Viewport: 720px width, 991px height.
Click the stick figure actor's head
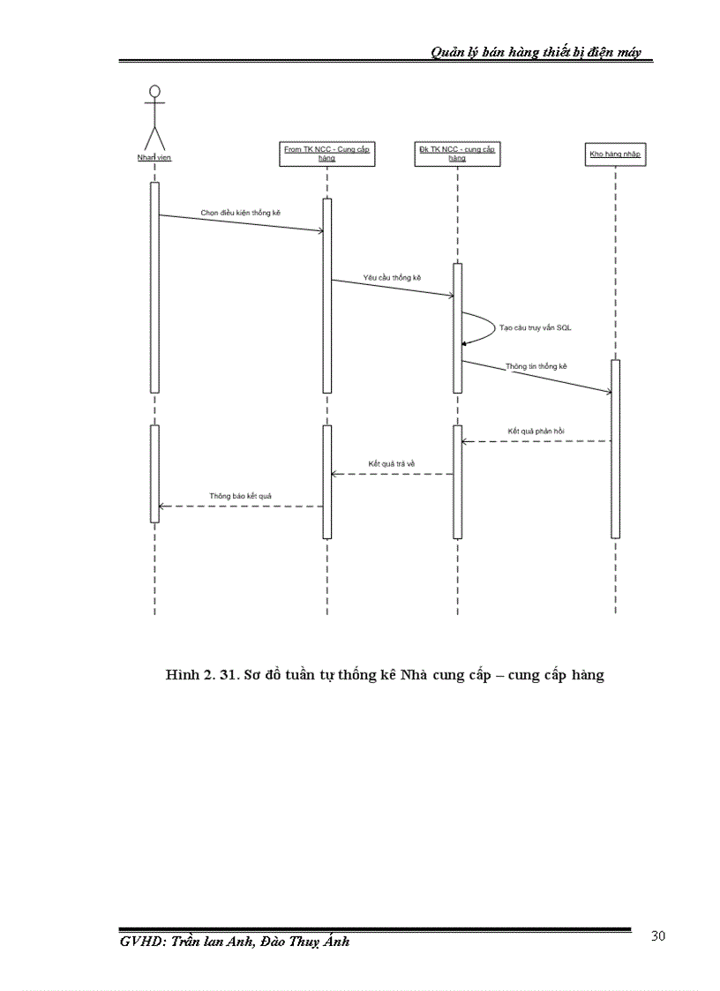(154, 91)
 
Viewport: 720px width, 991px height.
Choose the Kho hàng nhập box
(615, 154)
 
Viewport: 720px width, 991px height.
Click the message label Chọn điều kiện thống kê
(240, 213)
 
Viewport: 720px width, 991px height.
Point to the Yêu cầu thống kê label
(392, 277)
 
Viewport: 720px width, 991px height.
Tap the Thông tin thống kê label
(536, 365)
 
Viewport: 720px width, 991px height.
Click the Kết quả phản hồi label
(536, 431)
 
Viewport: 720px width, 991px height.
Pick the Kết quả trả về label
(392, 462)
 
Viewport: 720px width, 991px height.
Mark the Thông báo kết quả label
(240, 496)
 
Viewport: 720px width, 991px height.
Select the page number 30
(657, 936)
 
